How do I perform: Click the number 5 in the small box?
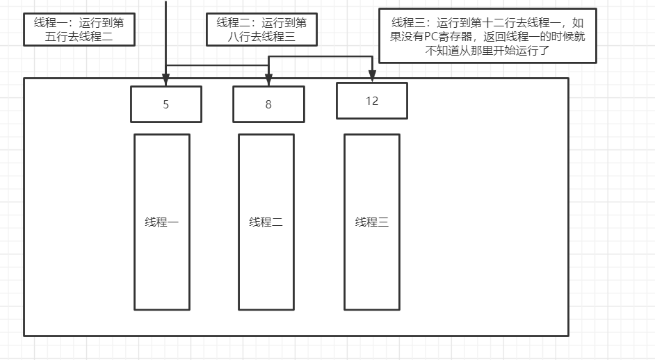pyautogui.click(x=166, y=105)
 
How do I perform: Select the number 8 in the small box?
pyautogui.click(x=268, y=105)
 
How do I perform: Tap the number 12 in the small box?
pyautogui.click(x=372, y=101)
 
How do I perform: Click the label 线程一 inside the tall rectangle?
pyautogui.click(x=162, y=222)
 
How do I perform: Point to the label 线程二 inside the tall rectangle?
pyautogui.click(x=266, y=222)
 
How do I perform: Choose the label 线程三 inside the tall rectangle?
pyautogui.click(x=372, y=222)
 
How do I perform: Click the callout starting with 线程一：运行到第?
pyautogui.click(x=79, y=29)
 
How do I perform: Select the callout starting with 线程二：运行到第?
pyautogui.click(x=261, y=29)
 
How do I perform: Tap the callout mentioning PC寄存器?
pyautogui.click(x=487, y=35)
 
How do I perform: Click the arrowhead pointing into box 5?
pyautogui.click(x=166, y=75)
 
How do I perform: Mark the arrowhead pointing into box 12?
pyautogui.click(x=373, y=76)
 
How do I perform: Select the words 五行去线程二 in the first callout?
pyautogui.click(x=79, y=38)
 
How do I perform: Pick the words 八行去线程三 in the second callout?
pyautogui.click(x=261, y=38)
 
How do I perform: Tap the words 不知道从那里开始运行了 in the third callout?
pyautogui.click(x=487, y=50)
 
